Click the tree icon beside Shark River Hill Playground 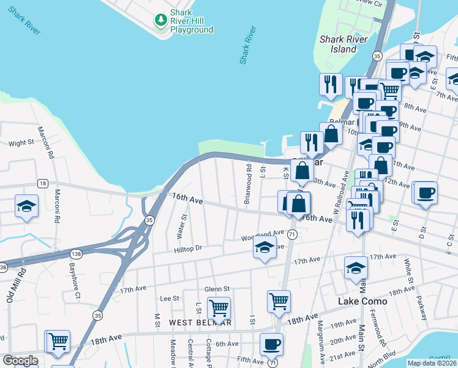[161, 20]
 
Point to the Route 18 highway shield [42, 183]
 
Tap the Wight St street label [21, 143]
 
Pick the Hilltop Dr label [187, 248]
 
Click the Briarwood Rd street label [248, 185]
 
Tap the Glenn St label [217, 289]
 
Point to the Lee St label [168, 298]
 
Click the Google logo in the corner [20, 360]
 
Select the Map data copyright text [432, 363]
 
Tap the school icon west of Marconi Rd [26, 205]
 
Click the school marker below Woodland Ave [265, 248]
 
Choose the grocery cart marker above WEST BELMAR [219, 307]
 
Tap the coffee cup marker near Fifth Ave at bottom [271, 344]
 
